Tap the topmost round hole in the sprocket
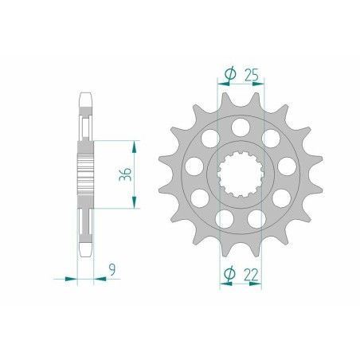(x=240, y=126)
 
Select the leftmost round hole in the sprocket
(x=192, y=166)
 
